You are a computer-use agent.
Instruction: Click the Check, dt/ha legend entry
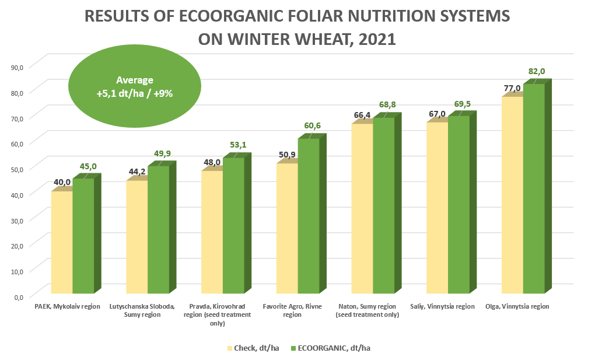(252, 348)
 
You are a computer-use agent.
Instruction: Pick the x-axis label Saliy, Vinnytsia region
(442, 306)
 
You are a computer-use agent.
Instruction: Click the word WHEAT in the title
(321, 39)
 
